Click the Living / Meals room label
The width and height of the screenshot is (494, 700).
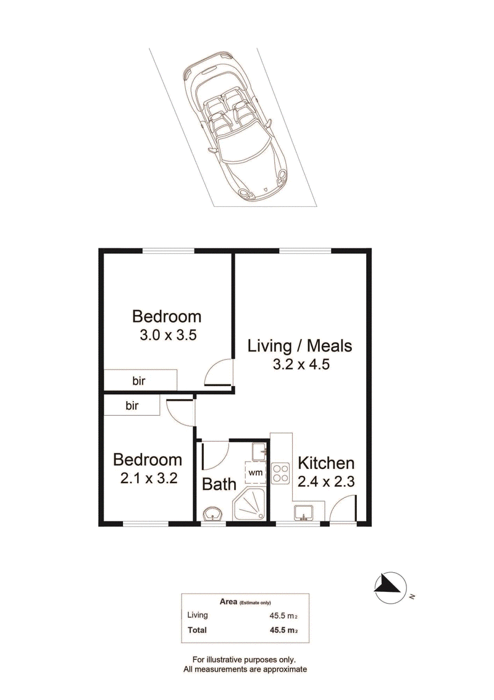point(300,346)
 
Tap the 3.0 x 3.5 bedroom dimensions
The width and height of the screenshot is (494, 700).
point(168,335)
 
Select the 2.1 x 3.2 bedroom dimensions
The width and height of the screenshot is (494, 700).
point(149,478)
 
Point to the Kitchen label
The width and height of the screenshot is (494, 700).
point(326,463)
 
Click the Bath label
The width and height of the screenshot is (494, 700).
point(219,484)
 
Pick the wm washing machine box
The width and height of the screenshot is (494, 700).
point(255,472)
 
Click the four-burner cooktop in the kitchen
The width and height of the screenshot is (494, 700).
point(281,473)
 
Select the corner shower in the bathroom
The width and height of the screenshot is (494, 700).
point(249,504)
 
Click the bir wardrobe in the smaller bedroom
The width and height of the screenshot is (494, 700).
point(132,406)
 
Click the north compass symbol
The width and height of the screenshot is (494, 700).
point(390,588)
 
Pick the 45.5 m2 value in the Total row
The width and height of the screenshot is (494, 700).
point(283,630)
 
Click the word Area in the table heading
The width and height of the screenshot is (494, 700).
point(228,601)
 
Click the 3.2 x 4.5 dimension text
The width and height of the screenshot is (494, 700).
point(301,365)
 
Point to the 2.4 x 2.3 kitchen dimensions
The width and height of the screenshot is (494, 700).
point(326,482)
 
